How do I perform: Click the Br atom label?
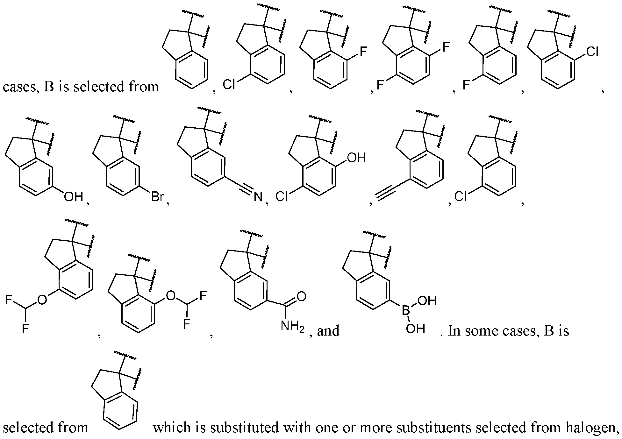pyautogui.click(x=157, y=197)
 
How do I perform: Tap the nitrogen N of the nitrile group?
pyautogui.click(x=258, y=197)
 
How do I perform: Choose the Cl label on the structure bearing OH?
pyautogui.click(x=282, y=197)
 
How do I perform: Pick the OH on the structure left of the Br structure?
pyautogui.click(x=73, y=197)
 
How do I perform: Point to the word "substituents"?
pyautogui.click(x=432, y=427)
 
